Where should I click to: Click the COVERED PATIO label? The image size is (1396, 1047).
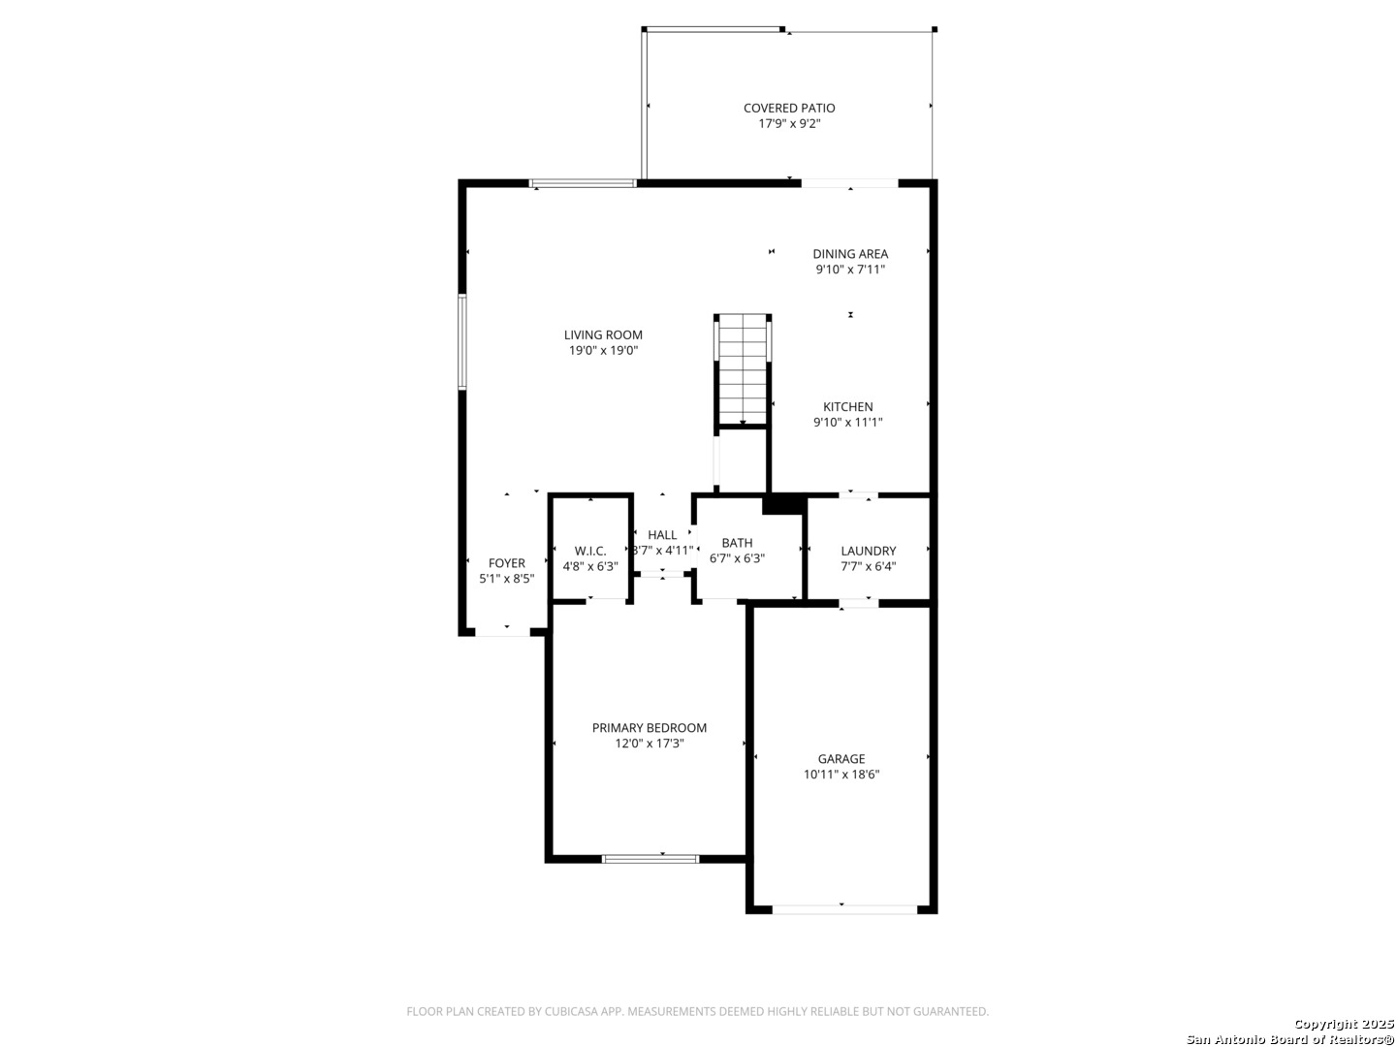[x=788, y=108]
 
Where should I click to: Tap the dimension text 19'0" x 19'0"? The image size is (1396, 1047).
[x=603, y=350]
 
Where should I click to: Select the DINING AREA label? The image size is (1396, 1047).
[x=849, y=254]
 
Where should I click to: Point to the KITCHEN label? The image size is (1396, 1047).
[x=847, y=407]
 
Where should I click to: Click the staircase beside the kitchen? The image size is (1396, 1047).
[x=743, y=370]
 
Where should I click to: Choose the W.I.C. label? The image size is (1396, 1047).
[x=590, y=552]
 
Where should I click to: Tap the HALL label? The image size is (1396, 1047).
[x=662, y=535]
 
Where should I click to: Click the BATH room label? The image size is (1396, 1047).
[x=737, y=543]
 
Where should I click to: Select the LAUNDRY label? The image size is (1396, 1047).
[x=868, y=552]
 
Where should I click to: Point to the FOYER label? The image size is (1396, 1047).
[x=506, y=563]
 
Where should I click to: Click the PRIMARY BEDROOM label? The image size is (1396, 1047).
[x=649, y=728]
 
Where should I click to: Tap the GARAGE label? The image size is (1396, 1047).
[x=841, y=759]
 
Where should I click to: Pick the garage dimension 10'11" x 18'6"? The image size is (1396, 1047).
[x=841, y=775]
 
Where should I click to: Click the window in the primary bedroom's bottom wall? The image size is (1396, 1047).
[x=650, y=859]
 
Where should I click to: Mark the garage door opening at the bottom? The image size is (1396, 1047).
[x=844, y=909]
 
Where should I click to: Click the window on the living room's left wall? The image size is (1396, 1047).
[x=462, y=341]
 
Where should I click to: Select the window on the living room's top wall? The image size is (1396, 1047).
[x=583, y=184]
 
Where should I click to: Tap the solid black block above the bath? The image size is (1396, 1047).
[x=783, y=504]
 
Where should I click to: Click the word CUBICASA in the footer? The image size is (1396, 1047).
[x=572, y=1011]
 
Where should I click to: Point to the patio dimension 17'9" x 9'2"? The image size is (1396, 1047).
[x=789, y=123]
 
